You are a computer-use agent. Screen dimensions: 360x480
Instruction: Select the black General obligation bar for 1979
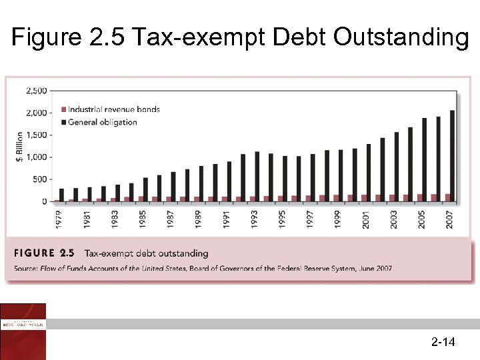coord(62,195)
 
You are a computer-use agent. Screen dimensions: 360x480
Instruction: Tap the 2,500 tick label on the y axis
coord(36,90)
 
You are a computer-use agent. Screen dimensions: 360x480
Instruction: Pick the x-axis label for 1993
coord(255,217)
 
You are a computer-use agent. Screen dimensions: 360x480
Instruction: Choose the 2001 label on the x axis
coord(366,217)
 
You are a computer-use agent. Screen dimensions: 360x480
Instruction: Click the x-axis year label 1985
coord(143,217)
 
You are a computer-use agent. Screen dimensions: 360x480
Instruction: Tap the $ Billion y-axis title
coord(19,146)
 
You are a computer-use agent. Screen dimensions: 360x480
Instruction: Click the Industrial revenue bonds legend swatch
coord(64,109)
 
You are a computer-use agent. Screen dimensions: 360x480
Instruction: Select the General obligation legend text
coord(103,122)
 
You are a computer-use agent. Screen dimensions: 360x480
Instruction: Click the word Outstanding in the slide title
coord(401,38)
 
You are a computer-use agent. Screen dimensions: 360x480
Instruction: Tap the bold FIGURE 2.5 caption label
coord(44,253)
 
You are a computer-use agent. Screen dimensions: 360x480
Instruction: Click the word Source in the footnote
coord(23,269)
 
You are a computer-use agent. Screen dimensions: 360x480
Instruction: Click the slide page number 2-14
coord(443,343)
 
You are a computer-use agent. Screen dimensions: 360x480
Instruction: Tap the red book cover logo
coord(23,331)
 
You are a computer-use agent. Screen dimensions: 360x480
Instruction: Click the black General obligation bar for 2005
coord(424,159)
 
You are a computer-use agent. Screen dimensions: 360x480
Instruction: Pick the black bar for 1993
coord(257,176)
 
